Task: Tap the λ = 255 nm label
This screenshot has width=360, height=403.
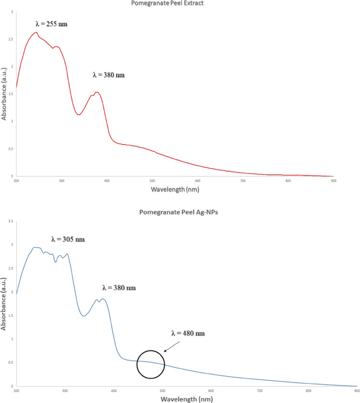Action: click(51, 24)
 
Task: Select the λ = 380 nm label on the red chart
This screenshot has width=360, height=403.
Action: click(109, 75)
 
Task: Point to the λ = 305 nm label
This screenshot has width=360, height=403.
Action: click(68, 239)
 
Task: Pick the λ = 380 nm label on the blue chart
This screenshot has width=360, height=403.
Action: click(119, 288)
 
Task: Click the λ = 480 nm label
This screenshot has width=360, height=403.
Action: click(188, 333)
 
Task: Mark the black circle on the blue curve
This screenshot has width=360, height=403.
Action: click(151, 364)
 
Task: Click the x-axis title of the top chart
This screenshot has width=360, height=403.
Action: click(175, 188)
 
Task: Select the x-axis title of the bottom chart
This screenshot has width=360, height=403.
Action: click(187, 398)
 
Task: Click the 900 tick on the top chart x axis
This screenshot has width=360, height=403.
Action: click(333, 181)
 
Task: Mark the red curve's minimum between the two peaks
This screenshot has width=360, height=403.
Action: click(79, 115)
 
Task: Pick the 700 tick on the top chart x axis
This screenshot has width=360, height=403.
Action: click(243, 181)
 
